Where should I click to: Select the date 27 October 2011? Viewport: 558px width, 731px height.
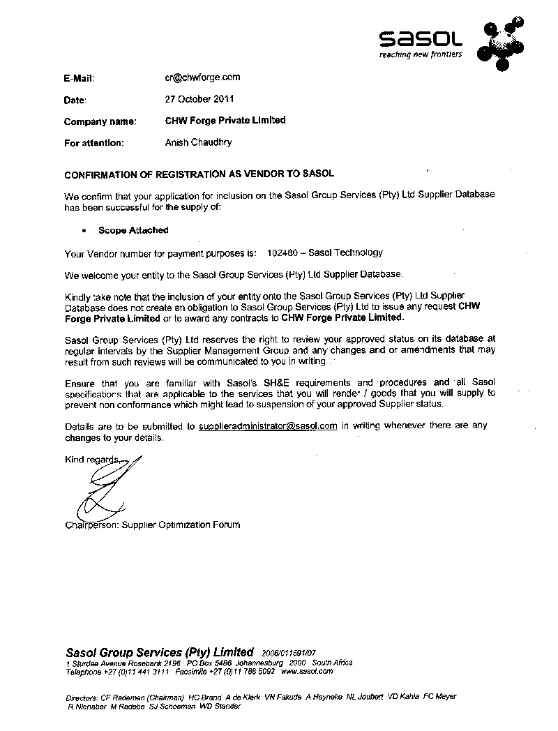tap(199, 99)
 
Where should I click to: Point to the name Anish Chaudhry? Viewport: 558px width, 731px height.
tap(198, 142)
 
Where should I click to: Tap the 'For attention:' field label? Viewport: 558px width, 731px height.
tap(94, 143)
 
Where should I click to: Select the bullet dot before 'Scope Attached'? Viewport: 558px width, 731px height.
tap(84, 230)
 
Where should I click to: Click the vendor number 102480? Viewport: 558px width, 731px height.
tap(282, 253)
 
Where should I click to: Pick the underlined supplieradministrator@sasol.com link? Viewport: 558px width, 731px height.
tap(268, 425)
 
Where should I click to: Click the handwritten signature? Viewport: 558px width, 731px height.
tap(105, 488)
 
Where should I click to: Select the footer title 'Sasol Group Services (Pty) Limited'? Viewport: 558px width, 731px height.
tap(159, 652)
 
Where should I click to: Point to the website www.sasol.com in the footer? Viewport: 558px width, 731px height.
tap(307, 671)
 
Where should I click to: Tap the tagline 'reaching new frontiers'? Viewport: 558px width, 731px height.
tap(420, 54)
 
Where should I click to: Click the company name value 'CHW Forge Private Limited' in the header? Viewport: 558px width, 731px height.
tap(225, 121)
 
